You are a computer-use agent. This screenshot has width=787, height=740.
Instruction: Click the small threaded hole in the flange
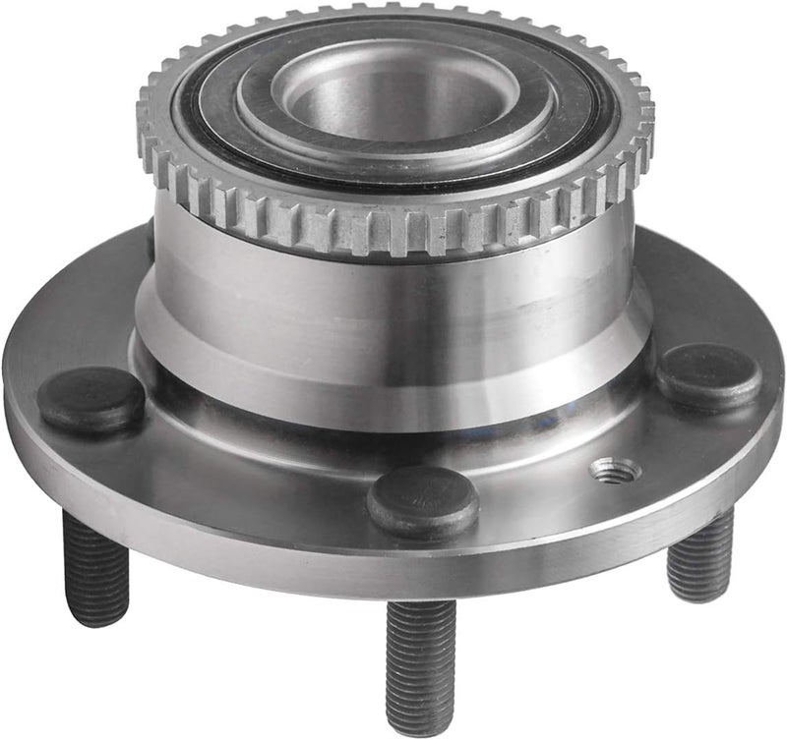(616, 471)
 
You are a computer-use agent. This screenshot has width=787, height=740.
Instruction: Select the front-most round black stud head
(423, 500)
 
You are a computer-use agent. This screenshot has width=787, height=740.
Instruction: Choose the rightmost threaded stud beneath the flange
(699, 555)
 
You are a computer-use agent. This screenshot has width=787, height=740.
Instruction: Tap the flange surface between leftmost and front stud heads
(246, 472)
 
